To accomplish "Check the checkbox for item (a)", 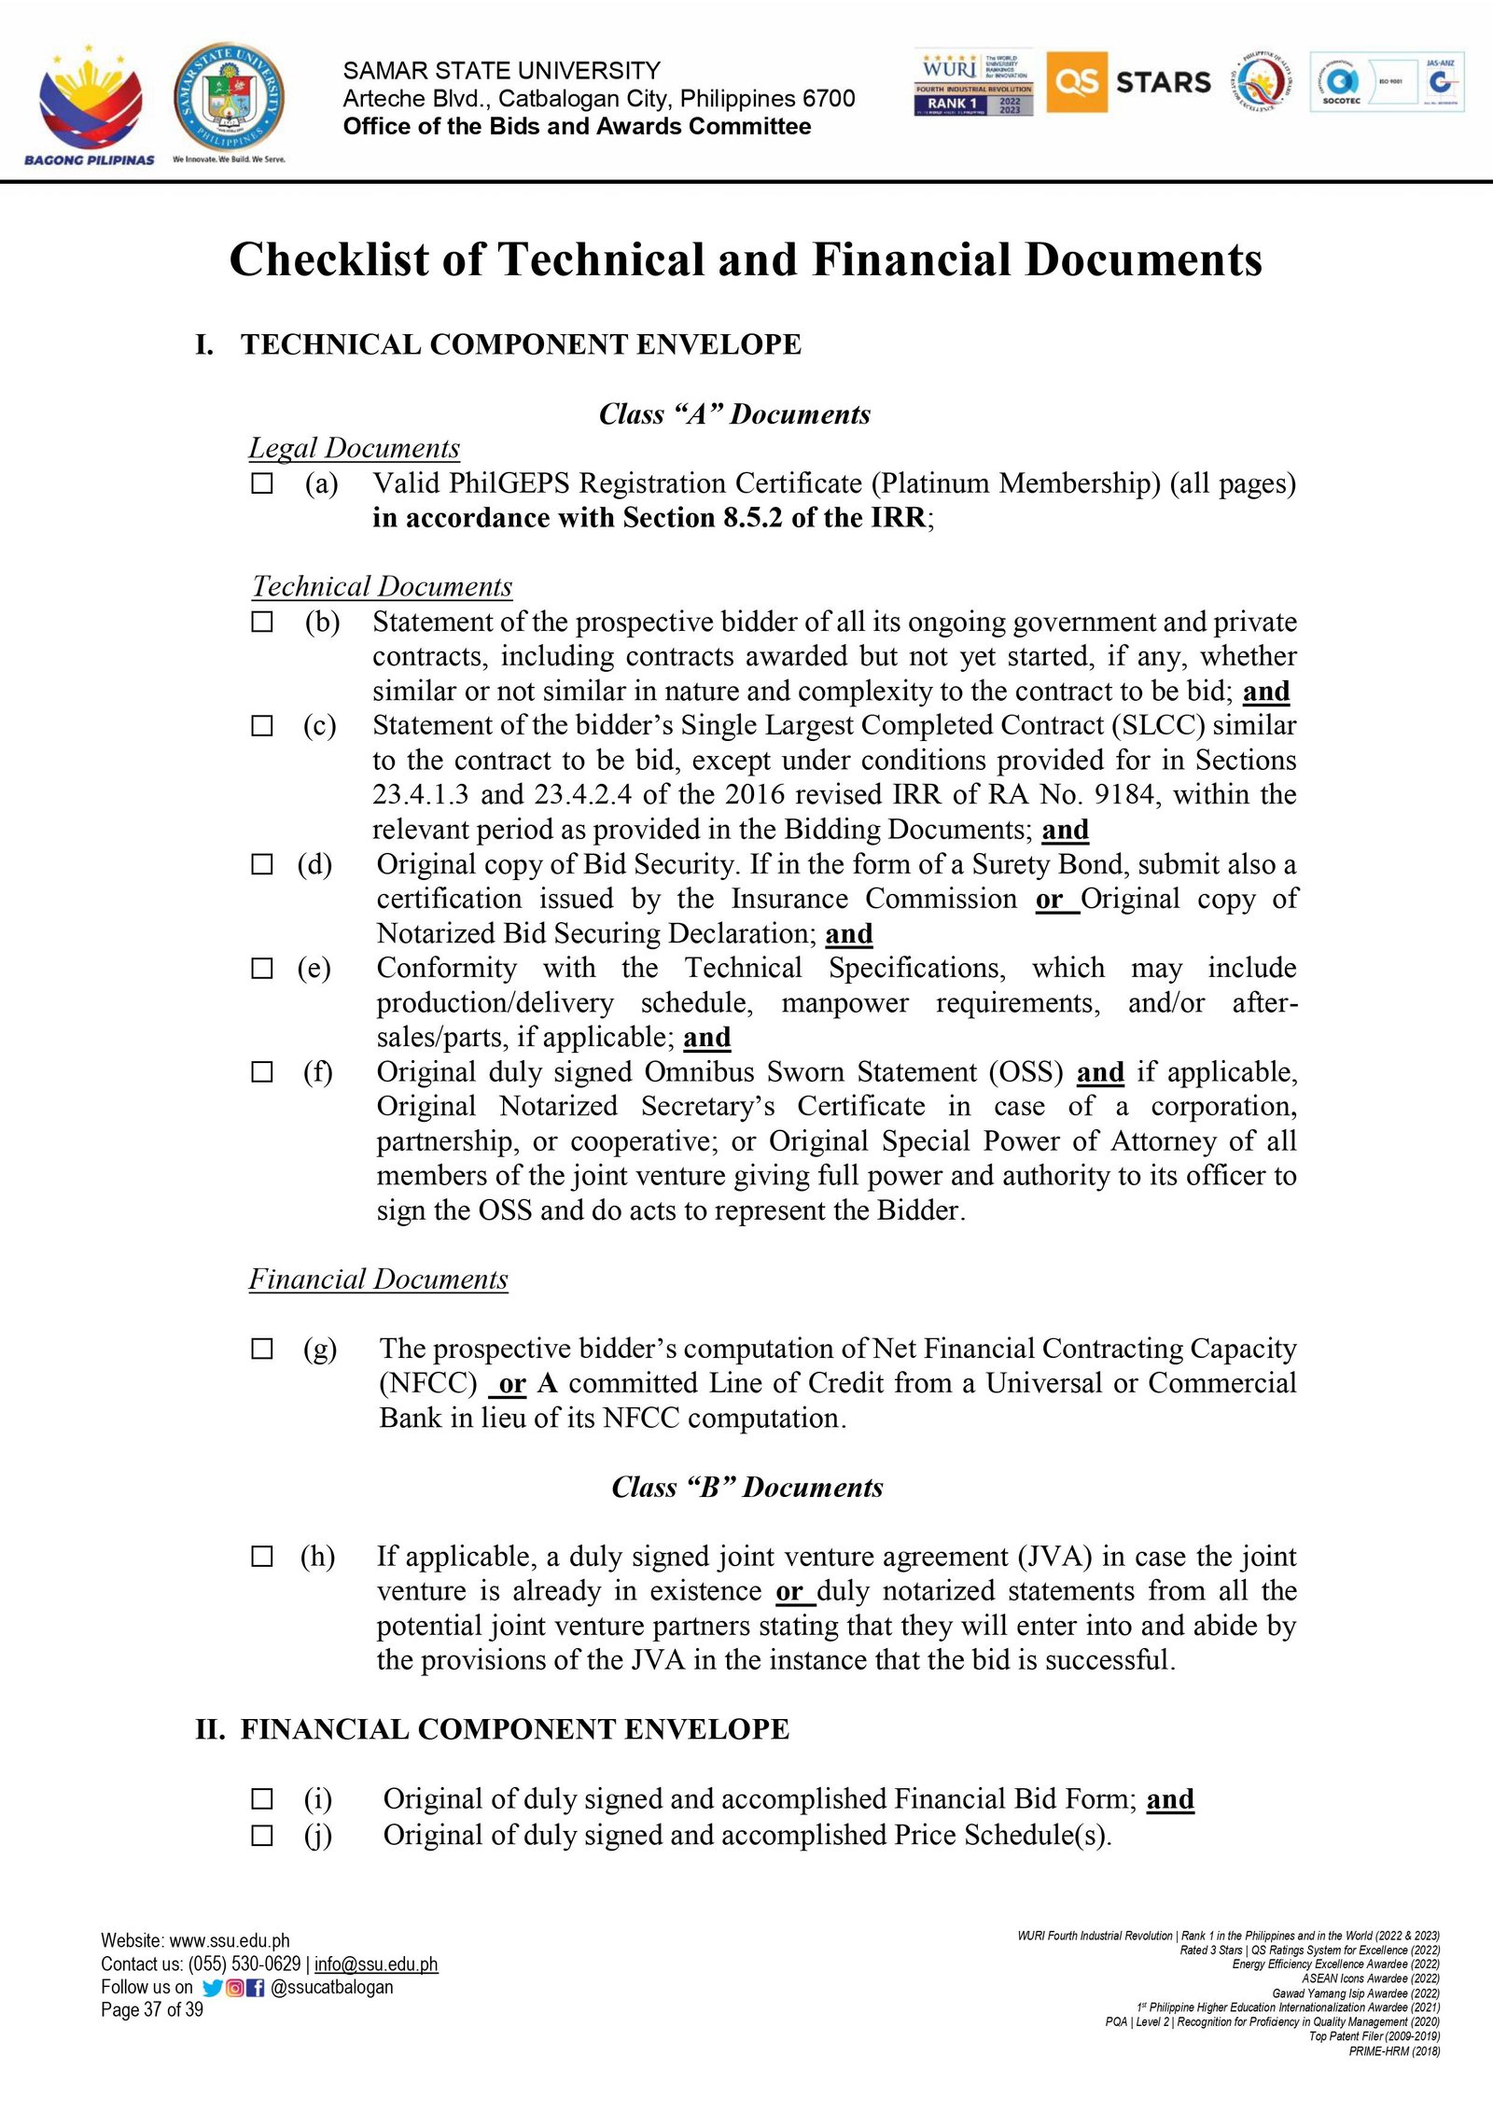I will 262,483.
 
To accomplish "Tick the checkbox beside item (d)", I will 262,864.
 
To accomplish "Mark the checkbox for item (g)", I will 262,1349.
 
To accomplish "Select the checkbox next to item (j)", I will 262,1836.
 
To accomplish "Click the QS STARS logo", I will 1129,82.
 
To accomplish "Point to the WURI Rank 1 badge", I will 973,82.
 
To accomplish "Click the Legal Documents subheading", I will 354,449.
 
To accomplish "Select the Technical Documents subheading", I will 382,587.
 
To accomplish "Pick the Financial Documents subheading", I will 378,1279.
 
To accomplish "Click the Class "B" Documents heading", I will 746,1488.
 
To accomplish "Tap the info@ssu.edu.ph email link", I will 375,1964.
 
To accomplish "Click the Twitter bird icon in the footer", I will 213,1988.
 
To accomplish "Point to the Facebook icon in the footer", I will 256,1988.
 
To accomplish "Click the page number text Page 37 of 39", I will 152,2010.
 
